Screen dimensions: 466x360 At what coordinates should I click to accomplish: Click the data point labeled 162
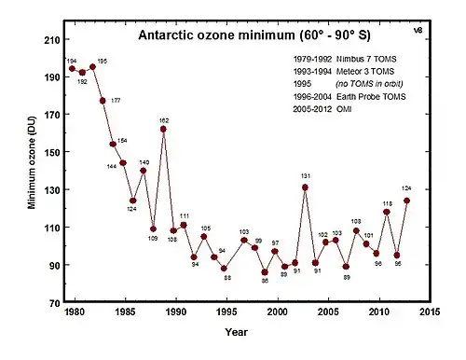coord(163,129)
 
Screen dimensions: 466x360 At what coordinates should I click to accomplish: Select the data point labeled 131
coord(305,187)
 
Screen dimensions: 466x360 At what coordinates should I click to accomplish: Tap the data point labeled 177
coord(103,101)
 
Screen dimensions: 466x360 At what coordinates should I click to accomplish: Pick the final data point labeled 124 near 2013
coord(406,201)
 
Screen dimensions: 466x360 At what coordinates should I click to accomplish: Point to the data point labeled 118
coord(387,212)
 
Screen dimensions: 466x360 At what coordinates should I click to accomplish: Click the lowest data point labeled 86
coord(265,272)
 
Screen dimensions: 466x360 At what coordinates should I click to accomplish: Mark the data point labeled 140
coord(144,171)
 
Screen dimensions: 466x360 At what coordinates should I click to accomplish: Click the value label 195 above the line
coord(103,62)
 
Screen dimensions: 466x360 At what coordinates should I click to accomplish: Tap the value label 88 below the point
coord(227,278)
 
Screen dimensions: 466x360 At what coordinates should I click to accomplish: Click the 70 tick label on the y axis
coord(55,303)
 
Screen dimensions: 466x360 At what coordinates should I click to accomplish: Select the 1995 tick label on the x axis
coord(226,312)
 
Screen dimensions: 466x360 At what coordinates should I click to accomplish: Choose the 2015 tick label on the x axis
coord(430,312)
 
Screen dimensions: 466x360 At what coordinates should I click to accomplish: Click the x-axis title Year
coord(237,332)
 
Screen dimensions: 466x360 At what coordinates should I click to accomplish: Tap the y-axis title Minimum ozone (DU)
coord(32,162)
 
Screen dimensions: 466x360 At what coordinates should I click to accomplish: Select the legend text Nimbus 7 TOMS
coord(366,59)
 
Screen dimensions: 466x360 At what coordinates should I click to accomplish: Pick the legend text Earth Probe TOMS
coord(371,97)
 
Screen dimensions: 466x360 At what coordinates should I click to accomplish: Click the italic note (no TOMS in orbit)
coord(369,84)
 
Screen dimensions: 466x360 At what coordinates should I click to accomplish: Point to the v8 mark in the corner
coord(418,30)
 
